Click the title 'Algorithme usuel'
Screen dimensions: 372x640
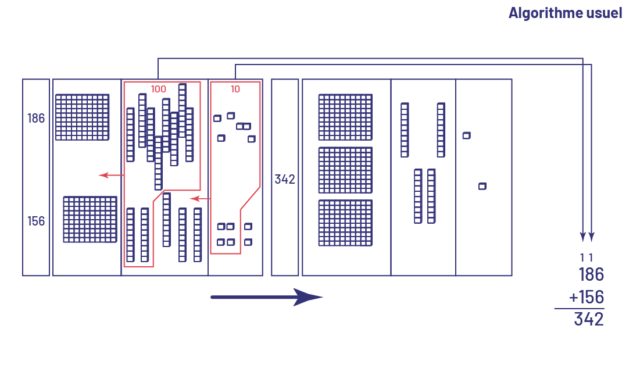[x=565, y=13]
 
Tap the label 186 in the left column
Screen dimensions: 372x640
[x=36, y=119]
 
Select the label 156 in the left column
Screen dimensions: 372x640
[x=36, y=221]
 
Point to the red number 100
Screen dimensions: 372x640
[x=159, y=89]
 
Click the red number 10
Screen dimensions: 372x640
[x=235, y=89]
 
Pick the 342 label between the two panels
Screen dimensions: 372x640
[x=285, y=179]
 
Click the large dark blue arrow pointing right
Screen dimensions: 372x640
[x=266, y=297]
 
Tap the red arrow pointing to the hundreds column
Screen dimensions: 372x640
[x=110, y=175]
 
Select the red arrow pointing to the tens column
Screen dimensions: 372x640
[x=200, y=199]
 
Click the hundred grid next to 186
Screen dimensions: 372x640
[x=82, y=117]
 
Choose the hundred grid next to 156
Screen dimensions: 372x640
[x=90, y=219]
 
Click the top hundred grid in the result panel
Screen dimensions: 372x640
[x=345, y=117]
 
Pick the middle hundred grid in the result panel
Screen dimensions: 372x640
[x=345, y=170]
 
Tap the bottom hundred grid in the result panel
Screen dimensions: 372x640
[x=345, y=223]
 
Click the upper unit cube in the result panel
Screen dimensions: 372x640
[x=466, y=135]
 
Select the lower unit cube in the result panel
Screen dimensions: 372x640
[x=482, y=186]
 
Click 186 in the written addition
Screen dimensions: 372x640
[x=591, y=274]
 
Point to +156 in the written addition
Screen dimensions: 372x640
[x=587, y=297]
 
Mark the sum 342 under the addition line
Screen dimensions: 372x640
[x=589, y=319]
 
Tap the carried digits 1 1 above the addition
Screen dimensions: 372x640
[x=587, y=257]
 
